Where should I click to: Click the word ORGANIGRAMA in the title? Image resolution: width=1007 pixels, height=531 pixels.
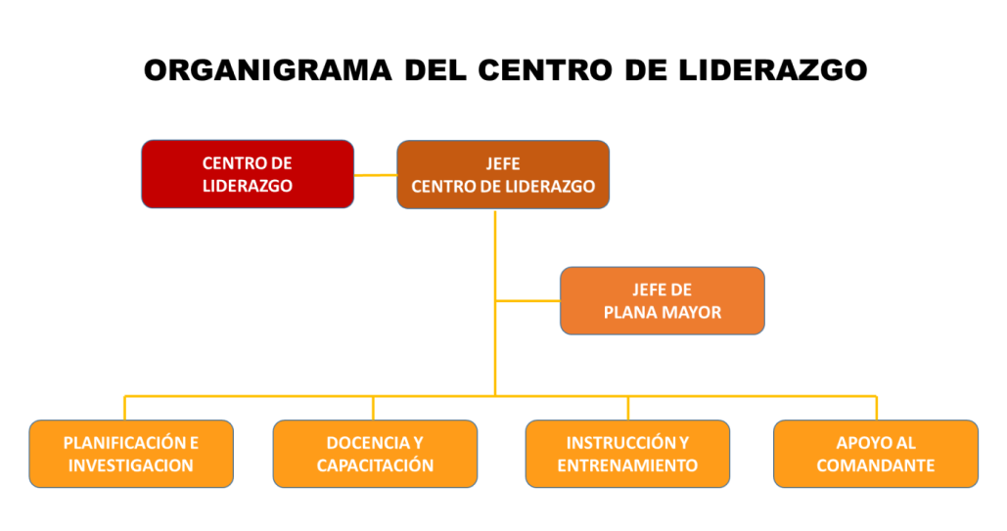[x=268, y=70]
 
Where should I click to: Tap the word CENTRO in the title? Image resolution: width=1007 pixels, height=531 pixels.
[x=544, y=70]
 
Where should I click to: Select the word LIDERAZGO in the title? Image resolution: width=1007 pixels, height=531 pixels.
[x=772, y=70]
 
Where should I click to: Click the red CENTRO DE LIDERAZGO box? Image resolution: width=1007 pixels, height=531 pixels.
[x=248, y=174]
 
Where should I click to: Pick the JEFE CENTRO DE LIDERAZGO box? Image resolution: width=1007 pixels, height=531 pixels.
[x=503, y=175]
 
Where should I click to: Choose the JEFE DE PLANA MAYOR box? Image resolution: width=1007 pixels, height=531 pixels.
[x=663, y=300]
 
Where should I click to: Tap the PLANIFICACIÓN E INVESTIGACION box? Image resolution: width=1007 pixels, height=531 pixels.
[x=131, y=454]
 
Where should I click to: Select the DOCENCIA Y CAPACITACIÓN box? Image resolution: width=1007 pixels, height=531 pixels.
[x=375, y=454]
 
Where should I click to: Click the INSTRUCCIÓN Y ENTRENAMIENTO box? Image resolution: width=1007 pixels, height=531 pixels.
[x=627, y=454]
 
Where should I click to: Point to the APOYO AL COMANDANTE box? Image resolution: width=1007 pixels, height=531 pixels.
[x=875, y=454]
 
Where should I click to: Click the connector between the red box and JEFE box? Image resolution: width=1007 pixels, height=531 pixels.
[x=376, y=175]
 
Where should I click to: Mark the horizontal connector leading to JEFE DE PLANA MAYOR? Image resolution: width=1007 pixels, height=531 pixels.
[x=527, y=300]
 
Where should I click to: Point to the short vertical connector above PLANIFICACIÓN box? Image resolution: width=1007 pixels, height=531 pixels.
[x=124, y=409]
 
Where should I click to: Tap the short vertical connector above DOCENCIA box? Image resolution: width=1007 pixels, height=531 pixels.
[x=373, y=409]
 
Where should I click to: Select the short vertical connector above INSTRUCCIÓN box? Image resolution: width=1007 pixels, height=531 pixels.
[x=628, y=409]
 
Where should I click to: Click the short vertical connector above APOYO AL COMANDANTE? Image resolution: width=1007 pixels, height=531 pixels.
[x=877, y=409]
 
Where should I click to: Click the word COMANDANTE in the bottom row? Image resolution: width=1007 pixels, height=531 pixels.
[x=875, y=465]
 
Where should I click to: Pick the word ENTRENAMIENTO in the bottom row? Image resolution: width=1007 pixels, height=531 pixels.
[x=627, y=465]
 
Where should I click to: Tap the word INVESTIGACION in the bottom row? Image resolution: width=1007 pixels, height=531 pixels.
[x=131, y=465]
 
